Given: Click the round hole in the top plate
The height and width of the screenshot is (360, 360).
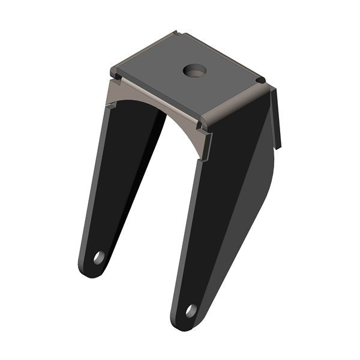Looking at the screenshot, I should tap(194, 70).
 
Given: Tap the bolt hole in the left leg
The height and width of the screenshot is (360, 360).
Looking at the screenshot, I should tap(98, 258).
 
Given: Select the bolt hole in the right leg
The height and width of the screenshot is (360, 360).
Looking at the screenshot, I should tap(191, 311).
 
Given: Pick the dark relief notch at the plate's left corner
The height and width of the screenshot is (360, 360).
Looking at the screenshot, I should tap(114, 75).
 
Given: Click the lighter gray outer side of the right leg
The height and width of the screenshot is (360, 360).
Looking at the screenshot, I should tap(252, 198).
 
